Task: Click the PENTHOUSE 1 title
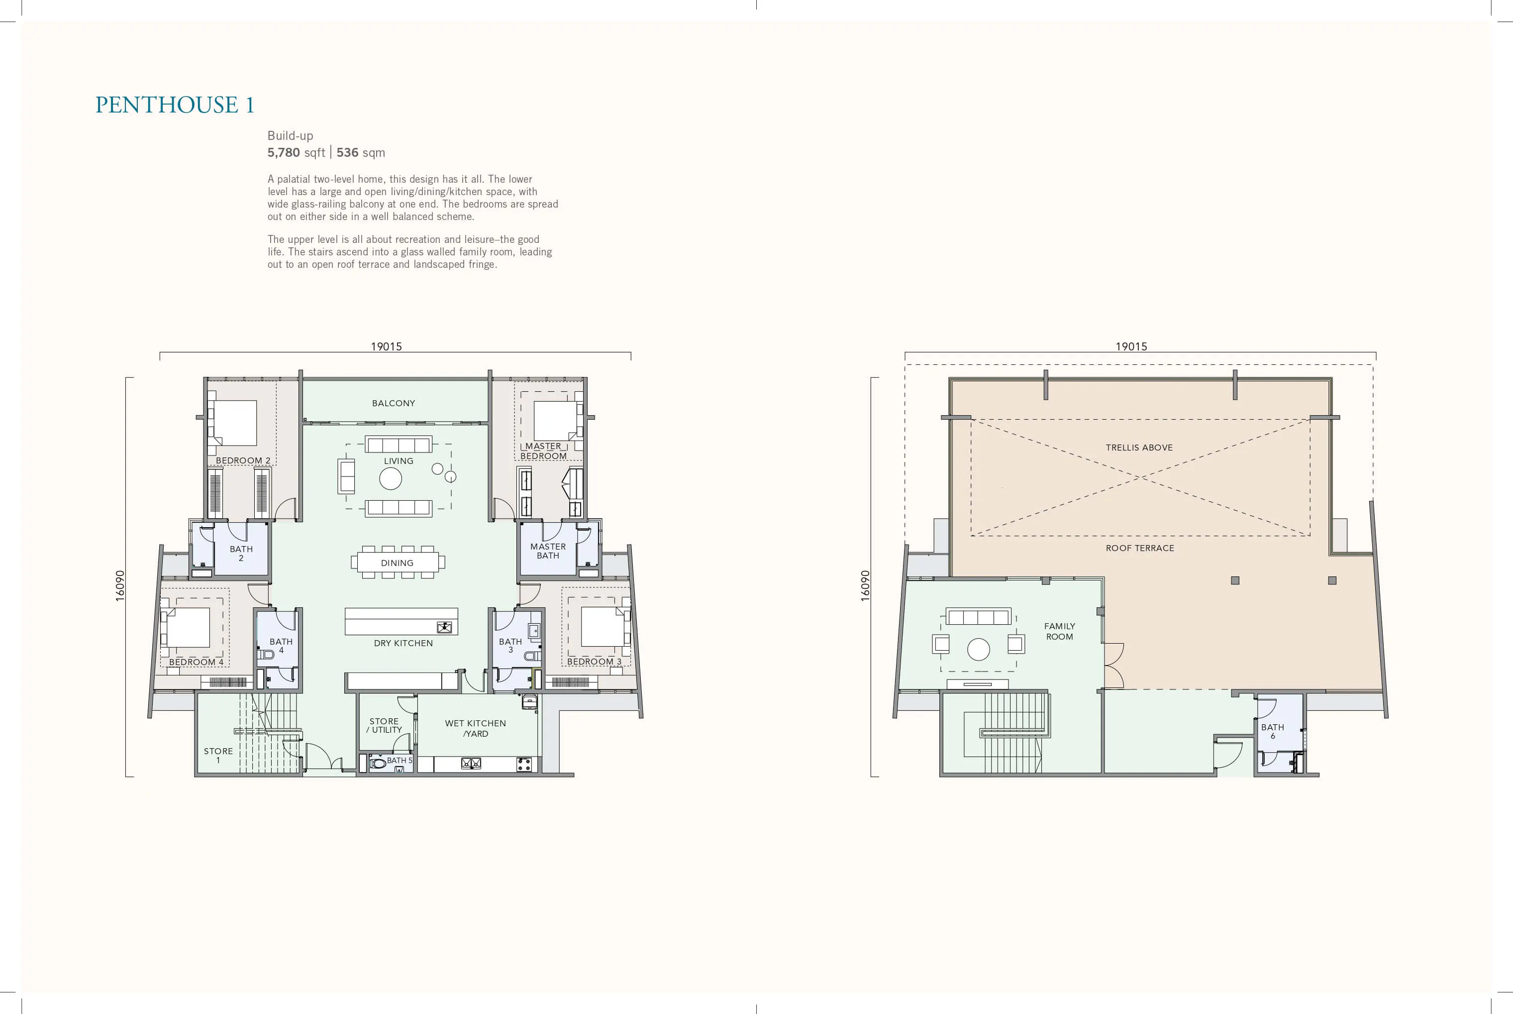tap(175, 105)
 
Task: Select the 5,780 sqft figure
tap(296, 153)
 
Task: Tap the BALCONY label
tap(394, 403)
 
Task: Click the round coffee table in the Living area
tap(391, 478)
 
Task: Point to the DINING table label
tap(397, 563)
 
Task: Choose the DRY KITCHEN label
tap(403, 643)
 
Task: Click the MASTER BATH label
tap(548, 551)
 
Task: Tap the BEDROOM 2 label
tap(243, 460)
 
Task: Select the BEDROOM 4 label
tap(196, 662)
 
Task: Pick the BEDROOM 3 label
tap(594, 661)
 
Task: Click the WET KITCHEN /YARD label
tap(476, 728)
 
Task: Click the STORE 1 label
tap(218, 755)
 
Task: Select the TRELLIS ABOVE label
tap(1139, 448)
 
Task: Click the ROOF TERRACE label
tap(1140, 548)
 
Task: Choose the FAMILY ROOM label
tap(1060, 631)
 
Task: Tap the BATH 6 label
tap(1273, 731)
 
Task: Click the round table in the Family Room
tap(979, 649)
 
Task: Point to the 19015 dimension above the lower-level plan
tap(387, 346)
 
